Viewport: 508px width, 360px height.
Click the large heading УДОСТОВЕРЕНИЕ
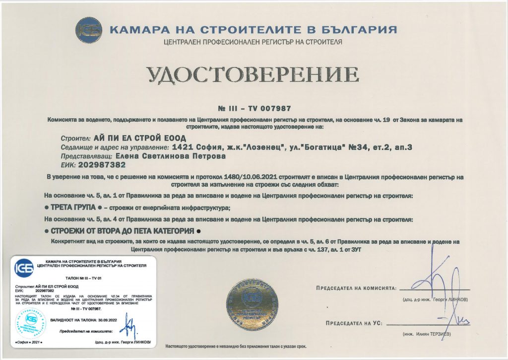253,74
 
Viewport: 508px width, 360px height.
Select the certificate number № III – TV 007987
254,108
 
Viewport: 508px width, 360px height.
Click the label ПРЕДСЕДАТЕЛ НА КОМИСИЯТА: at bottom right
355,288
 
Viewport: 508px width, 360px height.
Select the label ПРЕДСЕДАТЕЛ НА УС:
353,323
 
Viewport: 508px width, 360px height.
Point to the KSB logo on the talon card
25,268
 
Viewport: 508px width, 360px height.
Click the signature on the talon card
130,329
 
